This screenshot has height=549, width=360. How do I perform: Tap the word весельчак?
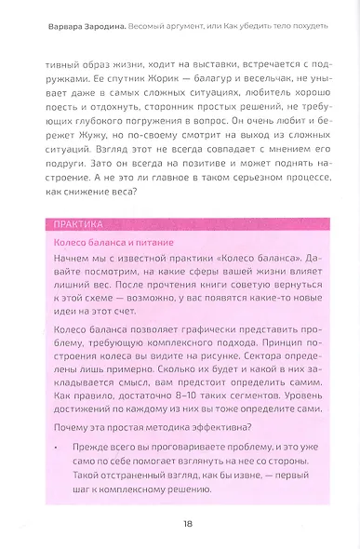261,80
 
